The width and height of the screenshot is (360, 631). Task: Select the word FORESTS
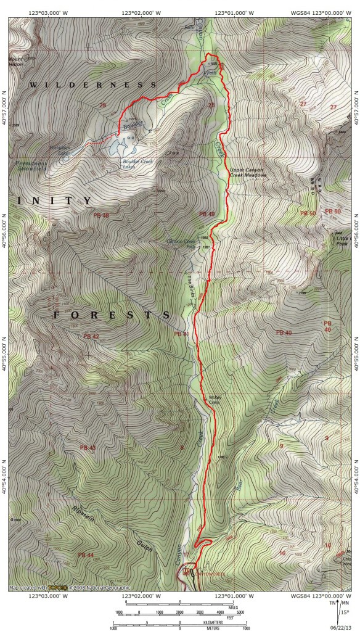112,315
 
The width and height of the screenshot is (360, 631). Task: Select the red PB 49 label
207,214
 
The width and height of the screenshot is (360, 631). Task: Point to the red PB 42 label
90,336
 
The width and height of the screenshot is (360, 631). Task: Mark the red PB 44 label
86,555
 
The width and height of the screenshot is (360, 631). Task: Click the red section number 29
102,105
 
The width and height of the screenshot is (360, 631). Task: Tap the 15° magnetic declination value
345,612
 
